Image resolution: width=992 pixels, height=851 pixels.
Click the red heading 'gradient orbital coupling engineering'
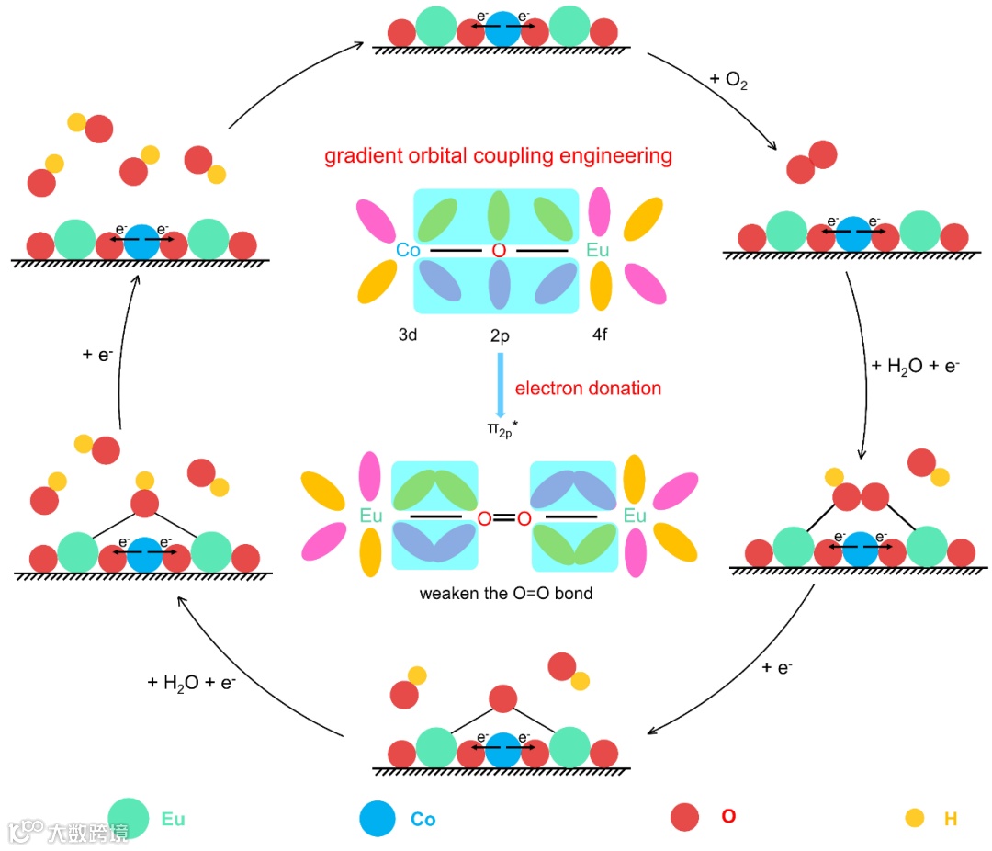click(498, 156)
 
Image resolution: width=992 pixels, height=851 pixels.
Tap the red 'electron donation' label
click(588, 389)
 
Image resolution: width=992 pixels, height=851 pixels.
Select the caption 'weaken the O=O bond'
click(506, 594)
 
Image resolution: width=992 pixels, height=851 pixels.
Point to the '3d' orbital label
click(408, 335)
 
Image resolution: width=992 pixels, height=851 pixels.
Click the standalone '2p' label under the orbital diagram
click(500, 336)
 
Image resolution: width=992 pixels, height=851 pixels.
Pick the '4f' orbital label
click(599, 335)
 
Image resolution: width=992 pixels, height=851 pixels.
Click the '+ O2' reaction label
click(729, 80)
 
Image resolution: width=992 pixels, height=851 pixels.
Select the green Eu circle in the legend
click(129, 818)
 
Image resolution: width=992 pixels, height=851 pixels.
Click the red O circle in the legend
click(685, 817)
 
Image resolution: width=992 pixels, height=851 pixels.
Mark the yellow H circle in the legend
click(914, 818)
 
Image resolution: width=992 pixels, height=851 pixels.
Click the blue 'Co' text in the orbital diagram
click(409, 250)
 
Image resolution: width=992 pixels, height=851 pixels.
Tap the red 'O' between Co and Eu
click(499, 250)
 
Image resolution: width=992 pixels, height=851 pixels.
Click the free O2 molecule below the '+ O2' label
click(812, 163)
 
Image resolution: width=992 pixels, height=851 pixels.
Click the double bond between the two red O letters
click(504, 518)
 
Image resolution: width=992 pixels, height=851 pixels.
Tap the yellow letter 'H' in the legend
click(950, 818)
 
